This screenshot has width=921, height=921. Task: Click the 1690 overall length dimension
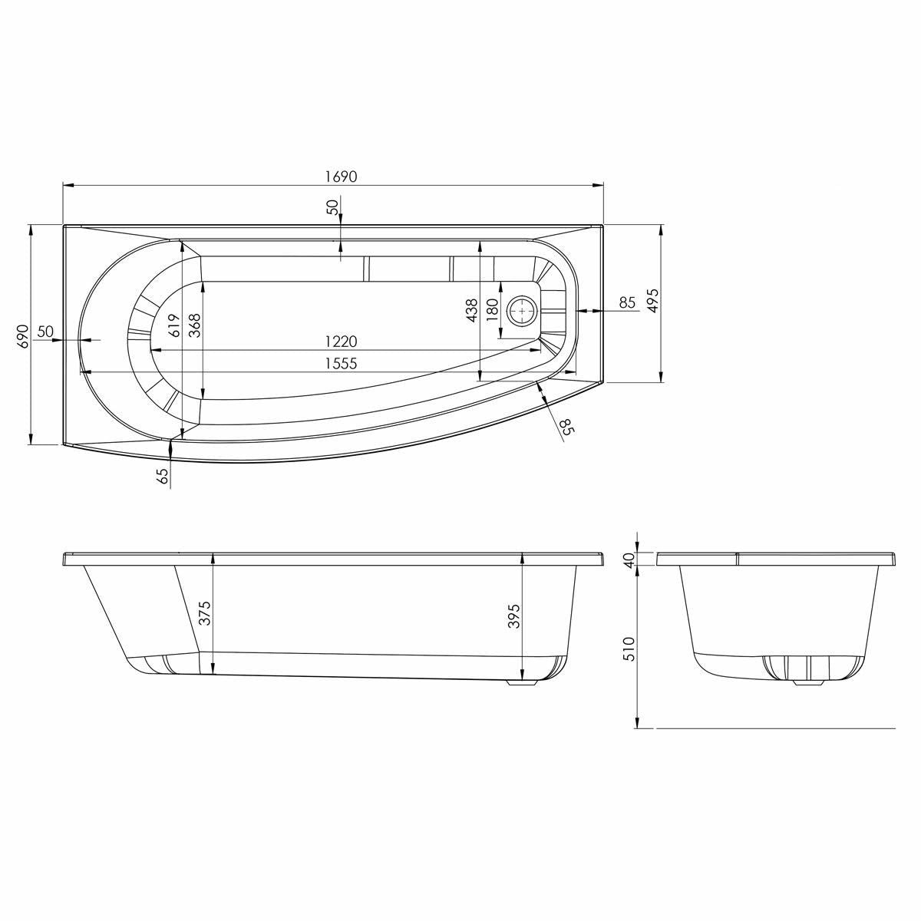tap(341, 176)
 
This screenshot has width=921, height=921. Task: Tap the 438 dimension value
tap(471, 311)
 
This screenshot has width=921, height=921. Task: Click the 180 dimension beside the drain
tap(492, 311)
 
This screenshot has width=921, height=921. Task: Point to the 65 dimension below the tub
tap(162, 477)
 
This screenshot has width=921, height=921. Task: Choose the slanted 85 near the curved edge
tap(566, 427)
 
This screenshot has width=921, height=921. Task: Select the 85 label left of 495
tap(627, 302)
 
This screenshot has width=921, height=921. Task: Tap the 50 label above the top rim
tap(332, 207)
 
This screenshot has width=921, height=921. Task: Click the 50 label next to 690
tap(45, 332)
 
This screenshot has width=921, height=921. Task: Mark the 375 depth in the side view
tap(204, 613)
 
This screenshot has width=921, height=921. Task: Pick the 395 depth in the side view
tap(514, 616)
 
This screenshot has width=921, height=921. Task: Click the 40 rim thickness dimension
tap(629, 560)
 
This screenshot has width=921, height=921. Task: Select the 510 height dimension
tap(629, 649)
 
